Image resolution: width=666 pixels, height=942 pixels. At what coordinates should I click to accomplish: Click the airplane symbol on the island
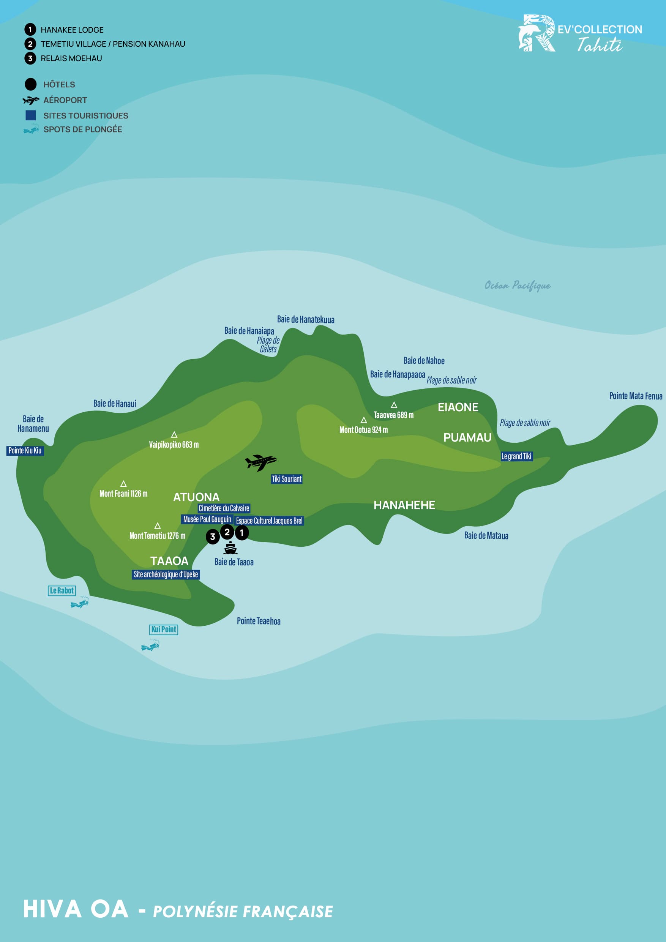pyautogui.click(x=260, y=462)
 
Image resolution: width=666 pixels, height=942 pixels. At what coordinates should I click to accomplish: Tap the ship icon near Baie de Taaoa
pyautogui.click(x=230, y=548)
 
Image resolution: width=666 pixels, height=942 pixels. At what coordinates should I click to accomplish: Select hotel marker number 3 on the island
pyautogui.click(x=213, y=536)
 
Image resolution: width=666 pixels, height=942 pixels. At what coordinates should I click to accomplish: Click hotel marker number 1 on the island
pyautogui.click(x=242, y=533)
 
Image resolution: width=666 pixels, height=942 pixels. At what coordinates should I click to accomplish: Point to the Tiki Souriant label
pyautogui.click(x=286, y=479)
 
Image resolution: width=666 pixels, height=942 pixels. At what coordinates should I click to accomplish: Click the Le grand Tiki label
pyautogui.click(x=516, y=456)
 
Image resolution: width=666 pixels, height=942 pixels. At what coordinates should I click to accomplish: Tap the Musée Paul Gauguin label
pyautogui.click(x=207, y=519)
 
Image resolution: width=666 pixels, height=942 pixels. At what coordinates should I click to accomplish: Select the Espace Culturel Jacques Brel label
pyautogui.click(x=269, y=521)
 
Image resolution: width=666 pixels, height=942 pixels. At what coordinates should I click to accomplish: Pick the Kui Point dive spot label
pyautogui.click(x=164, y=630)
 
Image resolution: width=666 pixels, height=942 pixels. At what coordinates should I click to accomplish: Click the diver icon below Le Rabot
pyautogui.click(x=80, y=603)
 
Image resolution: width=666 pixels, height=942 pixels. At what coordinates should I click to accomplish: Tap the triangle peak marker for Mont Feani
pyautogui.click(x=123, y=484)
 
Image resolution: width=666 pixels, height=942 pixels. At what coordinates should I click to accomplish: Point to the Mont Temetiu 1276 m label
pyautogui.click(x=157, y=536)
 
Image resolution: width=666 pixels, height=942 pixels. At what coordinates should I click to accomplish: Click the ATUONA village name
pyautogui.click(x=196, y=497)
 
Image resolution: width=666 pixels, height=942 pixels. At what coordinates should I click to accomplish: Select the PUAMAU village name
pyautogui.click(x=467, y=438)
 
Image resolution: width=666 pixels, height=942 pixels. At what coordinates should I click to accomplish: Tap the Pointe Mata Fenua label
pyautogui.click(x=636, y=396)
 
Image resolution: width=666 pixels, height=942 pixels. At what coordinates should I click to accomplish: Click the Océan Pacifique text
pyautogui.click(x=518, y=286)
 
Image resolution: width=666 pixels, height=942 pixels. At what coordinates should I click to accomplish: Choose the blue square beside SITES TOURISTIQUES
pyautogui.click(x=30, y=116)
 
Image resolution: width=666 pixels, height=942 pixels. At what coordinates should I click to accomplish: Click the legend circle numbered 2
pyautogui.click(x=30, y=44)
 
